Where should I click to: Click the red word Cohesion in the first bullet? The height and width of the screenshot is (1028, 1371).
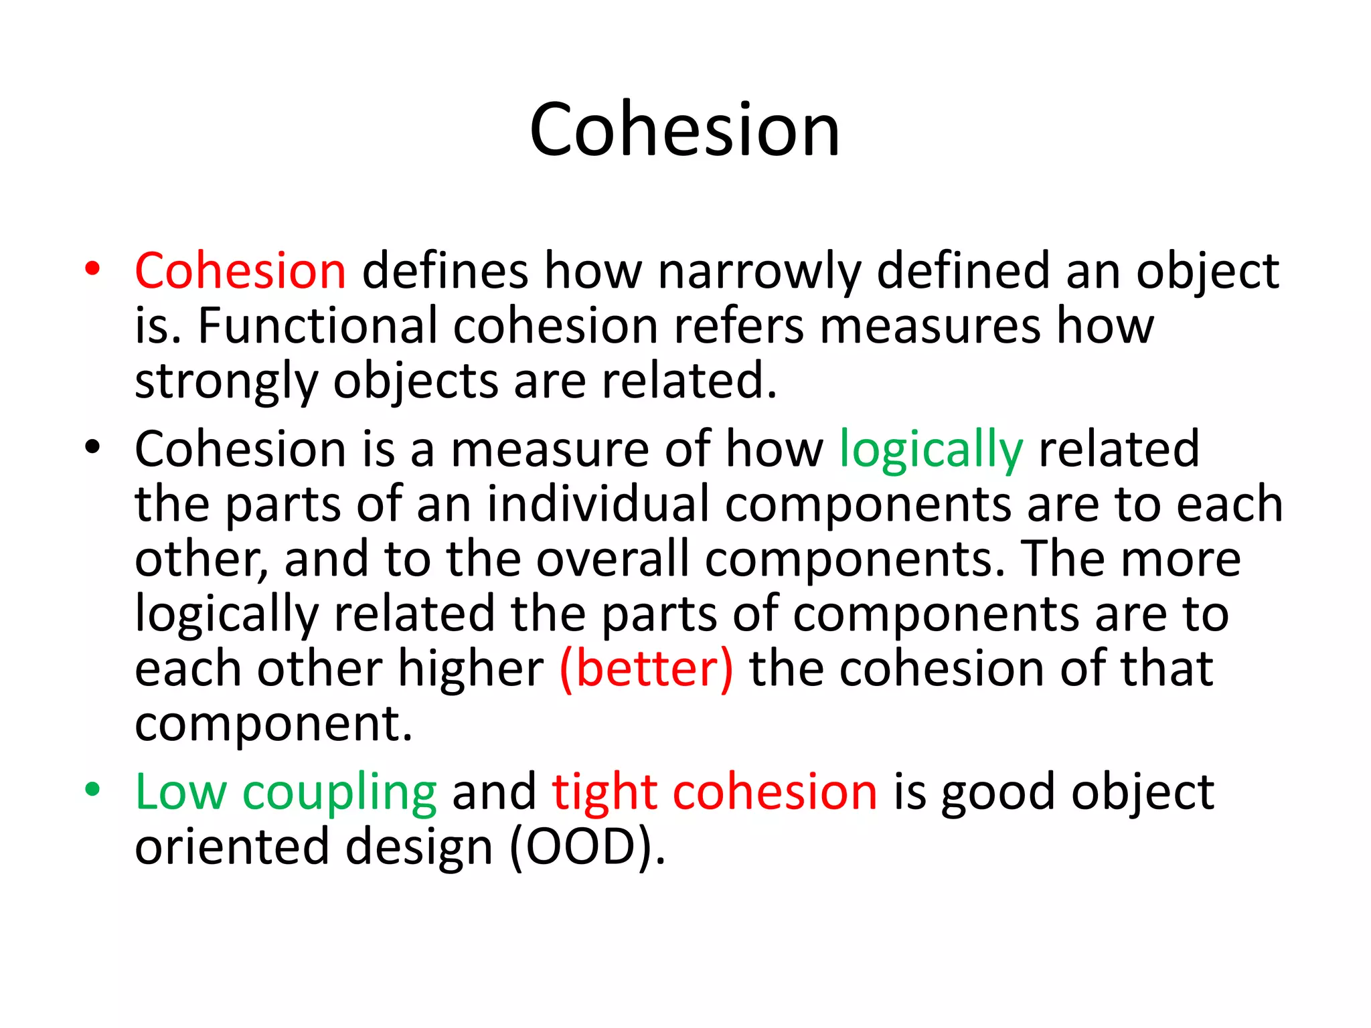pyautogui.click(x=240, y=270)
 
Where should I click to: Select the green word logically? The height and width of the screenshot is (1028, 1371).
pyautogui.click(x=931, y=450)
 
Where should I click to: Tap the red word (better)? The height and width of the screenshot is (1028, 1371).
pyautogui.click(x=646, y=669)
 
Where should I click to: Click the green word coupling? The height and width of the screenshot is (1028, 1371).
pyautogui.click(x=339, y=793)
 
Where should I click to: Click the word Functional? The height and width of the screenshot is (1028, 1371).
pyautogui.click(x=318, y=326)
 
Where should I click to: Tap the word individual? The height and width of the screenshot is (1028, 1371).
pyautogui.click(x=597, y=504)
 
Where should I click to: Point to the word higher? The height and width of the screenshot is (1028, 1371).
pyautogui.click(x=471, y=669)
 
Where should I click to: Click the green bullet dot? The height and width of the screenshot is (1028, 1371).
pyautogui.click(x=92, y=789)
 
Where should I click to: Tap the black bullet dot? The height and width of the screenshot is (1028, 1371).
pyautogui.click(x=92, y=446)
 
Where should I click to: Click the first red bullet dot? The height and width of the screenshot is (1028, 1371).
pyautogui.click(x=92, y=269)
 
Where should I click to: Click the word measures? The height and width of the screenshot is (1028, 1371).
pyautogui.click(x=930, y=327)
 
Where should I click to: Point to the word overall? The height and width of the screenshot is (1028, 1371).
pyautogui.click(x=612, y=559)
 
